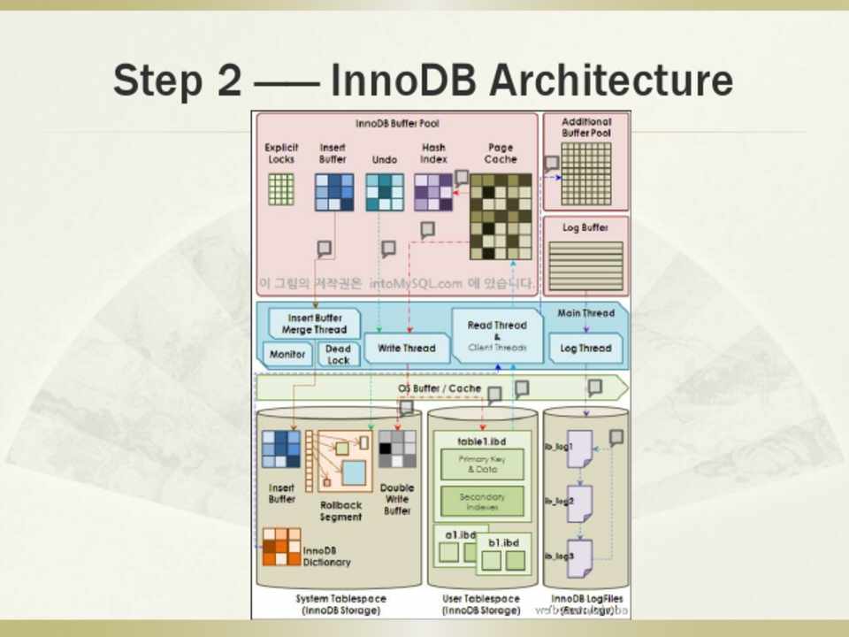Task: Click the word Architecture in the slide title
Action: point(611,81)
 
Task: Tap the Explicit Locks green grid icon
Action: point(281,189)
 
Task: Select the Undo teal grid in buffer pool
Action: point(385,192)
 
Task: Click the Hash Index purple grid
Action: point(433,192)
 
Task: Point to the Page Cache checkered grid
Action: point(501,216)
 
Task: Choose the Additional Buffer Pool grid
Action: point(585,173)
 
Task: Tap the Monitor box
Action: point(287,355)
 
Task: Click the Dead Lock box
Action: point(337,355)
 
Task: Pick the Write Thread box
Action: point(406,349)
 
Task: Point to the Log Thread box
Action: point(585,349)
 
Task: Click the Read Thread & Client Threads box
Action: point(496,336)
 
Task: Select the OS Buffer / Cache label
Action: point(439,388)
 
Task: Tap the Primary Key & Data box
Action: point(482,464)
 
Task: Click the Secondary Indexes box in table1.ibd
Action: point(482,502)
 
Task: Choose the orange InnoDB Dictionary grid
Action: point(281,547)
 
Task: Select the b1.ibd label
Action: point(503,542)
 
